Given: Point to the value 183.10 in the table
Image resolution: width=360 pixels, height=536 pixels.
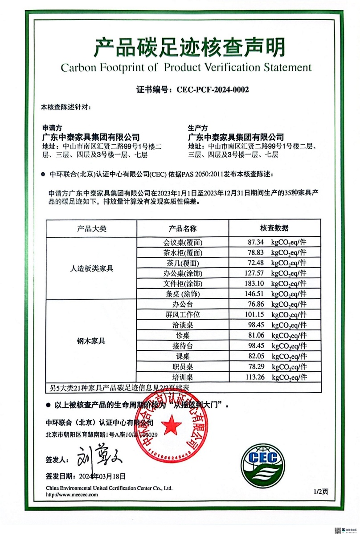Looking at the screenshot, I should [254, 283].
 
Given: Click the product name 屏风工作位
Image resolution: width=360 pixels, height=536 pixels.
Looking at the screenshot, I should [183, 315].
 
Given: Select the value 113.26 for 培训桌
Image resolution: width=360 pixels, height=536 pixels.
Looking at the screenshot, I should [254, 377].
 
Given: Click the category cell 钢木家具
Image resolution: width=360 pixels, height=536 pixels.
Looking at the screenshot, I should [91, 341].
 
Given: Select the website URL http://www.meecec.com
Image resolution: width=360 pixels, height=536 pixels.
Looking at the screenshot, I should [72, 495].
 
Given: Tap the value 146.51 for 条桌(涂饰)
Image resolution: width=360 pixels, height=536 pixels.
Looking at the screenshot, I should [254, 294].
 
